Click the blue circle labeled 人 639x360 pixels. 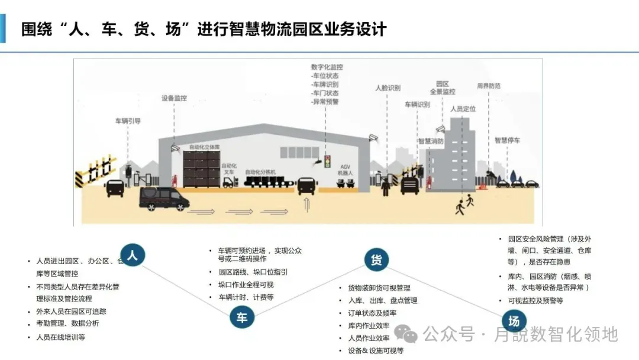click(x=133, y=255)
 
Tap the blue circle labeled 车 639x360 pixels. click(x=242, y=318)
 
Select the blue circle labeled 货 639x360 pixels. click(x=375, y=259)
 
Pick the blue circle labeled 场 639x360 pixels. click(x=514, y=322)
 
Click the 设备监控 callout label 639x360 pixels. click(x=174, y=98)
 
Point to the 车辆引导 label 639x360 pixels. click(x=128, y=121)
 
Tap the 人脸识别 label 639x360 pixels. click(x=388, y=88)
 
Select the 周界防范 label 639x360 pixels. click(x=489, y=86)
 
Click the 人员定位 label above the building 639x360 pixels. click(x=463, y=109)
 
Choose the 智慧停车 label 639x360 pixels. click(x=507, y=141)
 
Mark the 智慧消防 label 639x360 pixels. click(x=431, y=142)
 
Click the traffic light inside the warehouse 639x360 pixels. click(x=327, y=161)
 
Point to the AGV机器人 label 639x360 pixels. click(x=345, y=169)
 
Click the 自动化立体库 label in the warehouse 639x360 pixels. click(x=204, y=146)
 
